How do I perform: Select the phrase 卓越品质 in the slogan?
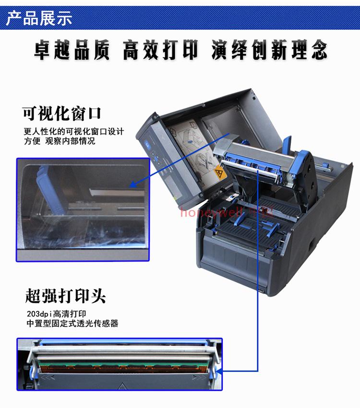tap(72, 50)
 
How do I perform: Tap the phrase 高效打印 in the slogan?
tap(160, 50)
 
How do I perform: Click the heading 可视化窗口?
tap(62, 114)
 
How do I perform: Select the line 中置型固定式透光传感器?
tap(72, 324)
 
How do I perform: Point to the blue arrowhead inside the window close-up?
tap(134, 185)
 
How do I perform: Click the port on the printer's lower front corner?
tap(261, 292)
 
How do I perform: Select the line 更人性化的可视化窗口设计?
tap(74, 131)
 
